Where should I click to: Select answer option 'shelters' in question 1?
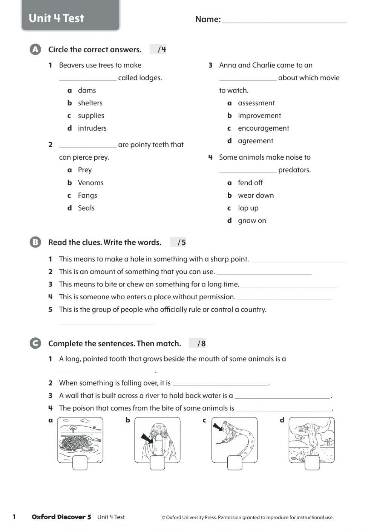(90, 103)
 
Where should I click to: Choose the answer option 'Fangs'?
(87, 195)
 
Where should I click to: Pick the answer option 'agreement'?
(255, 141)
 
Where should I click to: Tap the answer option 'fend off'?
(250, 183)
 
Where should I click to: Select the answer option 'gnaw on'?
(251, 221)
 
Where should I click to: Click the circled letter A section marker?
(35, 49)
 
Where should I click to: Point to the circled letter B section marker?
(35, 242)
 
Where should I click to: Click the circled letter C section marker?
(35, 343)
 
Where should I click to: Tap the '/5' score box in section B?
(178, 242)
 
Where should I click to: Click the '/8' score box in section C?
(198, 343)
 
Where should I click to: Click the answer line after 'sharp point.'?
(298, 259)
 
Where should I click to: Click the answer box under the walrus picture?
(157, 463)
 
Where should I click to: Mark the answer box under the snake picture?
(234, 463)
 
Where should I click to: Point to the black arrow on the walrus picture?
(147, 438)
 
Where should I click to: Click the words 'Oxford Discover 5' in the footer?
(61, 517)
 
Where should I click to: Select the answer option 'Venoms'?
(90, 183)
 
